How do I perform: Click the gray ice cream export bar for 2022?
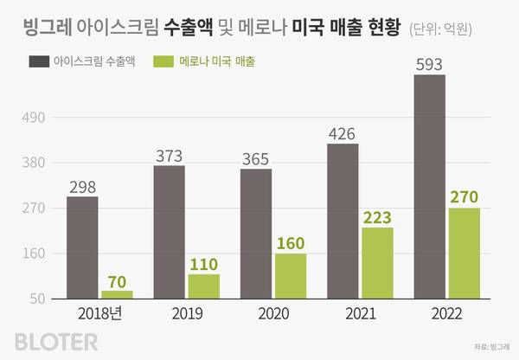[429, 187]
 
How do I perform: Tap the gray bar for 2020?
[256, 234]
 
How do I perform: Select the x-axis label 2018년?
[99, 314]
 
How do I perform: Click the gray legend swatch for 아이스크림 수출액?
[37, 61]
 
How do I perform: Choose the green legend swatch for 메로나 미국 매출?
[164, 61]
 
